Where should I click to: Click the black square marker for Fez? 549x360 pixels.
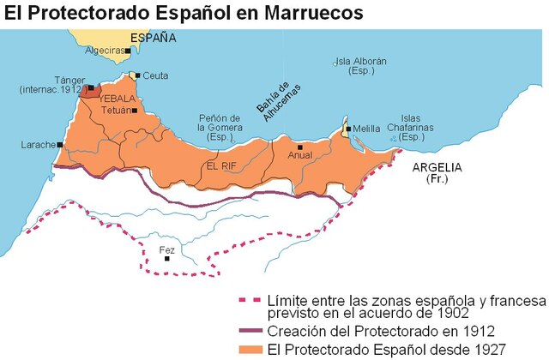pos(167,259)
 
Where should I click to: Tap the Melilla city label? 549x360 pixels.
pos(367,129)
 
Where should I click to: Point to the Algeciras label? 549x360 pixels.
pos(102,51)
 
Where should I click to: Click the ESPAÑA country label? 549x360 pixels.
pos(153,39)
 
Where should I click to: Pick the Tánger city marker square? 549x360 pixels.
pos(90,87)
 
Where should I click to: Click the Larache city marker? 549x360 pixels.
pos(60,145)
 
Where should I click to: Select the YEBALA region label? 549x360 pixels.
pos(118,99)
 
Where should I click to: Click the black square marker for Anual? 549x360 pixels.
pos(299,146)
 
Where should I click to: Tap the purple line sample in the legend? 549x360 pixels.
pos(249,330)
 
